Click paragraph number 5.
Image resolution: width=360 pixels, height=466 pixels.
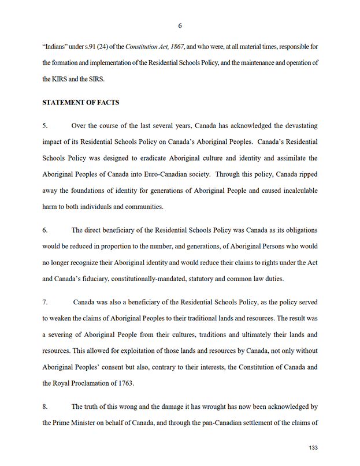45,125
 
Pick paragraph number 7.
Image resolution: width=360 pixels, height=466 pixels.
45,302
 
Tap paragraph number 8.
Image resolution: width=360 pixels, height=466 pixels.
45,407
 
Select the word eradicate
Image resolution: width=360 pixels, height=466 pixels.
170,157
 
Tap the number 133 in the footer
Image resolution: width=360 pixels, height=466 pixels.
314,448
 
